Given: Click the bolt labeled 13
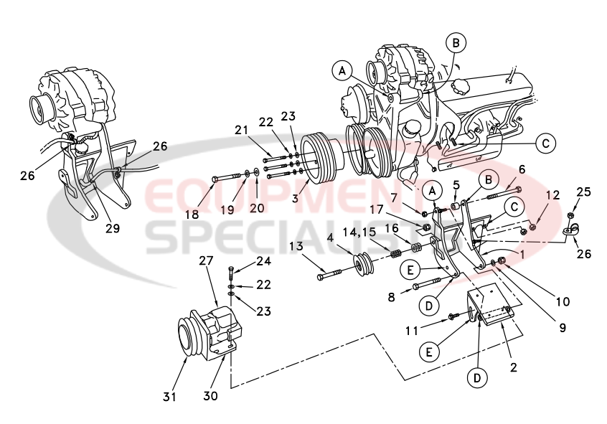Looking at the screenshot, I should click(329, 273).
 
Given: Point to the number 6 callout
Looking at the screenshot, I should click(522, 169).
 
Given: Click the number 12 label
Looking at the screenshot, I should click(552, 195).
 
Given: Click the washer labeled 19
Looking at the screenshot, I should click(247, 173).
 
